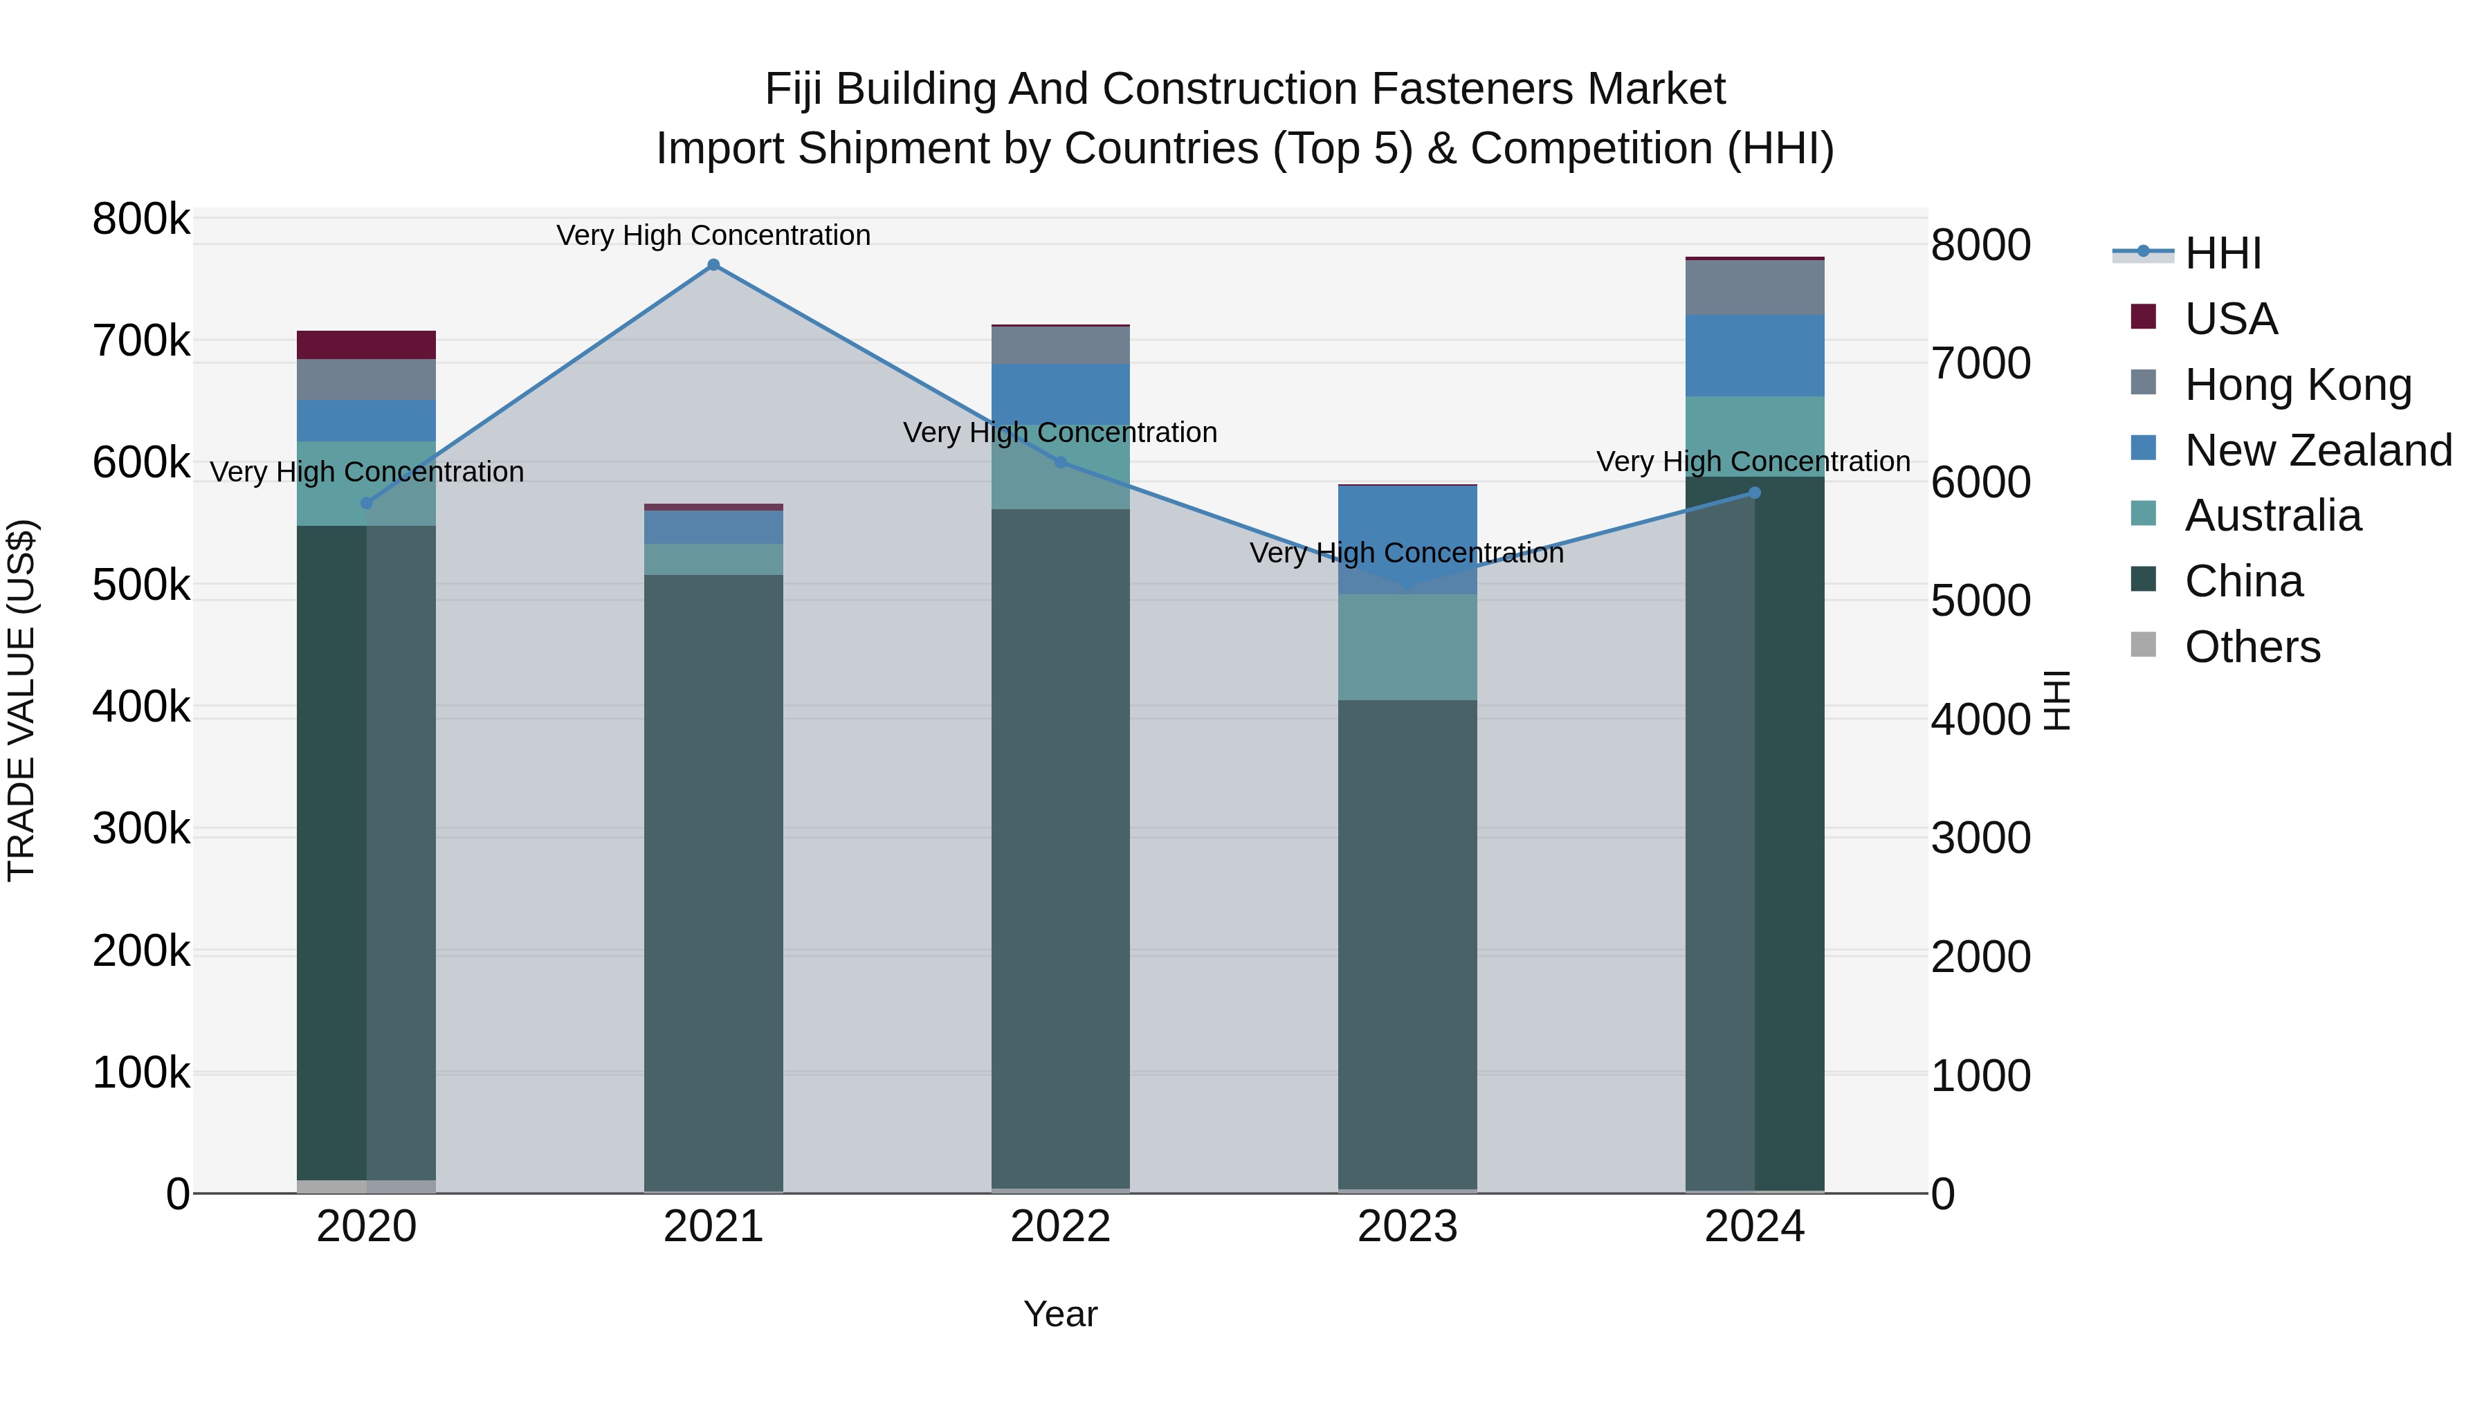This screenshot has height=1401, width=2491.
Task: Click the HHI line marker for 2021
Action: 713,265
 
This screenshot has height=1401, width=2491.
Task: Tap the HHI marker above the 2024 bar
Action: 1755,493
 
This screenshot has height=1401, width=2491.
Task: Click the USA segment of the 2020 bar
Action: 367,345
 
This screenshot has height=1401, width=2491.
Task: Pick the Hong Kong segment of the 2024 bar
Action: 1755,288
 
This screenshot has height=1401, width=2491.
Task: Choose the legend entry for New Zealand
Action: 2317,450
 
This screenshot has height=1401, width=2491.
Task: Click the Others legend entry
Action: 2251,647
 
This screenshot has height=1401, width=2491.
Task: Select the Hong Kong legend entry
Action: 2297,385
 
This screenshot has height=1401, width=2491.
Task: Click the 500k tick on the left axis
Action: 141,585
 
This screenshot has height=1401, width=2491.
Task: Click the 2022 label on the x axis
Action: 1061,1227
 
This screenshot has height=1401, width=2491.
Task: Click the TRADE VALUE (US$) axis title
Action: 21,700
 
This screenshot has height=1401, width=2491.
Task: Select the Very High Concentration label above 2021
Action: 713,235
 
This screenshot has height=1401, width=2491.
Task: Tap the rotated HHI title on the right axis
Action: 2058,700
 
